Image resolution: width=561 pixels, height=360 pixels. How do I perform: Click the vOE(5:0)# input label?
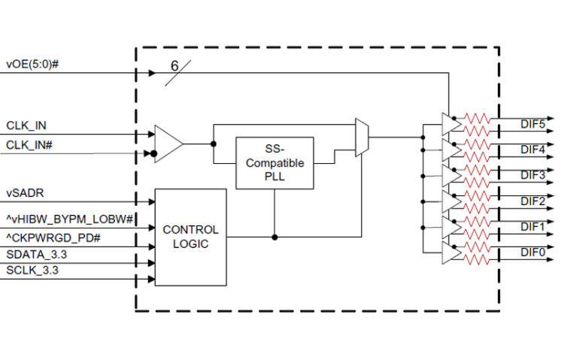(32, 65)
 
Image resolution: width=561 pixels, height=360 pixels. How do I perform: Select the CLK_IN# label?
(29, 144)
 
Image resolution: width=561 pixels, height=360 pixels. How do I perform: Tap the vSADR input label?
(25, 192)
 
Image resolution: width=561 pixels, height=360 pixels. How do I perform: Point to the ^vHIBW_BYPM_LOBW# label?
(70, 218)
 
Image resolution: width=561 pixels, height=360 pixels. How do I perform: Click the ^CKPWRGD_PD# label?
(54, 238)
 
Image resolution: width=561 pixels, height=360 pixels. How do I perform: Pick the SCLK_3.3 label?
(34, 270)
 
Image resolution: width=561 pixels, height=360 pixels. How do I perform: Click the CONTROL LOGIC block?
(190, 237)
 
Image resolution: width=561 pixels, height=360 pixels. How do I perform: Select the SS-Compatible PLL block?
(274, 162)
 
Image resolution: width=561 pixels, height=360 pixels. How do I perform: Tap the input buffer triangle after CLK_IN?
(167, 141)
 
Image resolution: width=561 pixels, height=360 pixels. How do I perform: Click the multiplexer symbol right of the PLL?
(362, 138)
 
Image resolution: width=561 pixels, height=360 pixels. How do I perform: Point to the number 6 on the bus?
(174, 66)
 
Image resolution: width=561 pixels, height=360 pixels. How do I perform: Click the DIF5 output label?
(533, 123)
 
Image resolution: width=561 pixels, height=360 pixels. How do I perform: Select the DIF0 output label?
(533, 253)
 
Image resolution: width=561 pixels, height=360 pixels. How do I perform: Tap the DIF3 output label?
(533, 175)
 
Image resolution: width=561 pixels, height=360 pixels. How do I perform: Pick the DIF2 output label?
(533, 201)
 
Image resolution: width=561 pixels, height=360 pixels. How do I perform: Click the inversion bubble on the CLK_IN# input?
(153, 155)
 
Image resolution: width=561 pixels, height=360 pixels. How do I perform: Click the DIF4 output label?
(533, 149)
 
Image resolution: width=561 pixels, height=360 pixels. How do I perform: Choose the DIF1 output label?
(533, 226)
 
